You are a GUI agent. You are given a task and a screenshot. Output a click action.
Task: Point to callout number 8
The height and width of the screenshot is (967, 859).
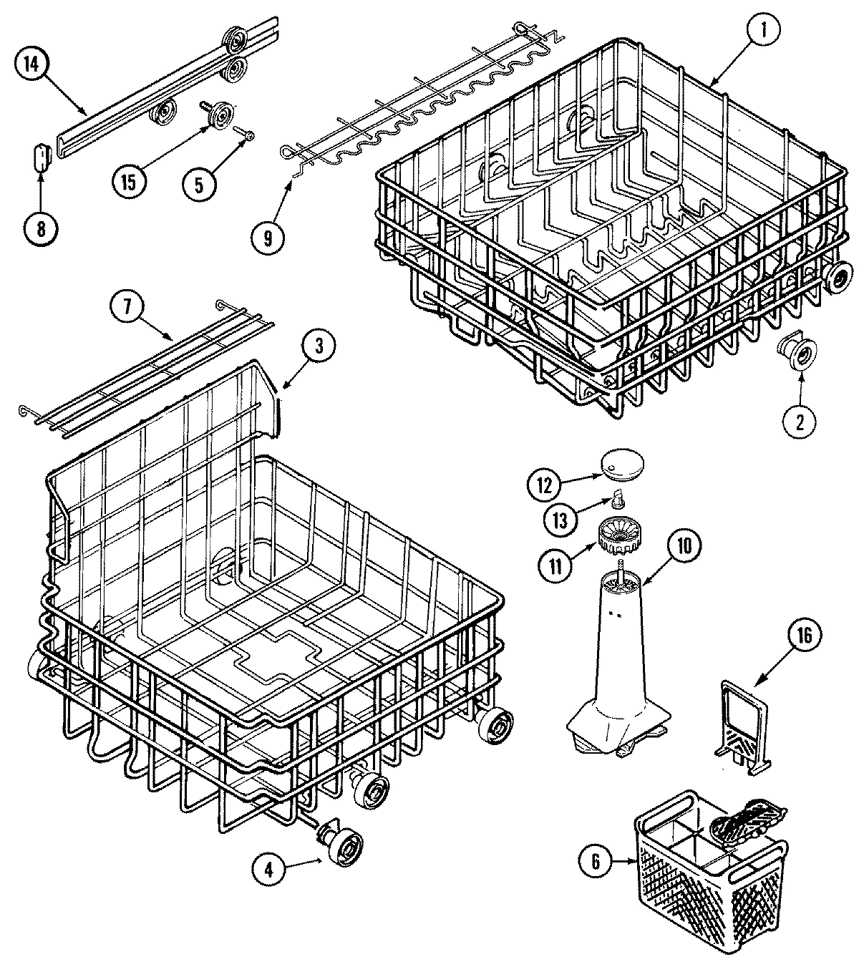click(41, 228)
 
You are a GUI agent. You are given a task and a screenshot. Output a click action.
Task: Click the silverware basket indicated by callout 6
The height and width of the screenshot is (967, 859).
click(709, 873)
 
